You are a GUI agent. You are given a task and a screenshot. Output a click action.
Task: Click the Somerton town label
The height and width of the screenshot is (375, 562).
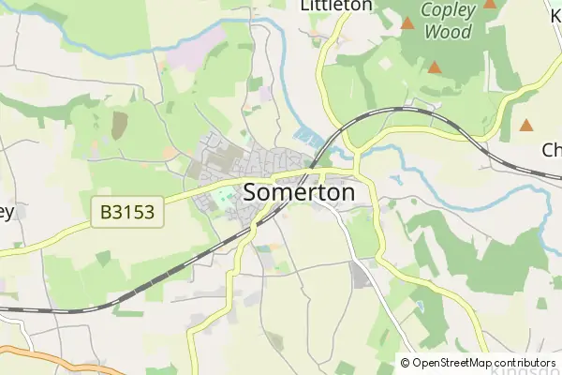(x=299, y=193)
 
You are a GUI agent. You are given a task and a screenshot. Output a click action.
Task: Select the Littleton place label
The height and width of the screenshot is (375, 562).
(x=335, y=6)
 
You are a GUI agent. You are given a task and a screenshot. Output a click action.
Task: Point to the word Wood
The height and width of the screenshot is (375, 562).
(x=448, y=32)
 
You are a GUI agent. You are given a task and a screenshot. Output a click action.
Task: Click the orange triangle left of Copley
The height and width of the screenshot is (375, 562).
(x=407, y=22)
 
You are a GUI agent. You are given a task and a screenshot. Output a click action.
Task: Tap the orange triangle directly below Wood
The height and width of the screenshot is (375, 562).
(x=435, y=67)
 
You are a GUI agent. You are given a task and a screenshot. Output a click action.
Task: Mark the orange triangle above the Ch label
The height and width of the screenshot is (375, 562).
(x=526, y=124)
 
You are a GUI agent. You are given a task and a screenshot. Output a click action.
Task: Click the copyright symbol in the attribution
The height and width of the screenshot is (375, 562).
(x=405, y=363)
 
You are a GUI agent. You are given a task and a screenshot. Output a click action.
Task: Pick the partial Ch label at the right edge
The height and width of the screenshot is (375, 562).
(x=551, y=150)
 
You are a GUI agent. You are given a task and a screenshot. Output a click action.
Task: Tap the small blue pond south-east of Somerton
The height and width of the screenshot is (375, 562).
(x=417, y=307)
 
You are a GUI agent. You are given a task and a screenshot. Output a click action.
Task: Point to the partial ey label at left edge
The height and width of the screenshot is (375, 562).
(x=7, y=212)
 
